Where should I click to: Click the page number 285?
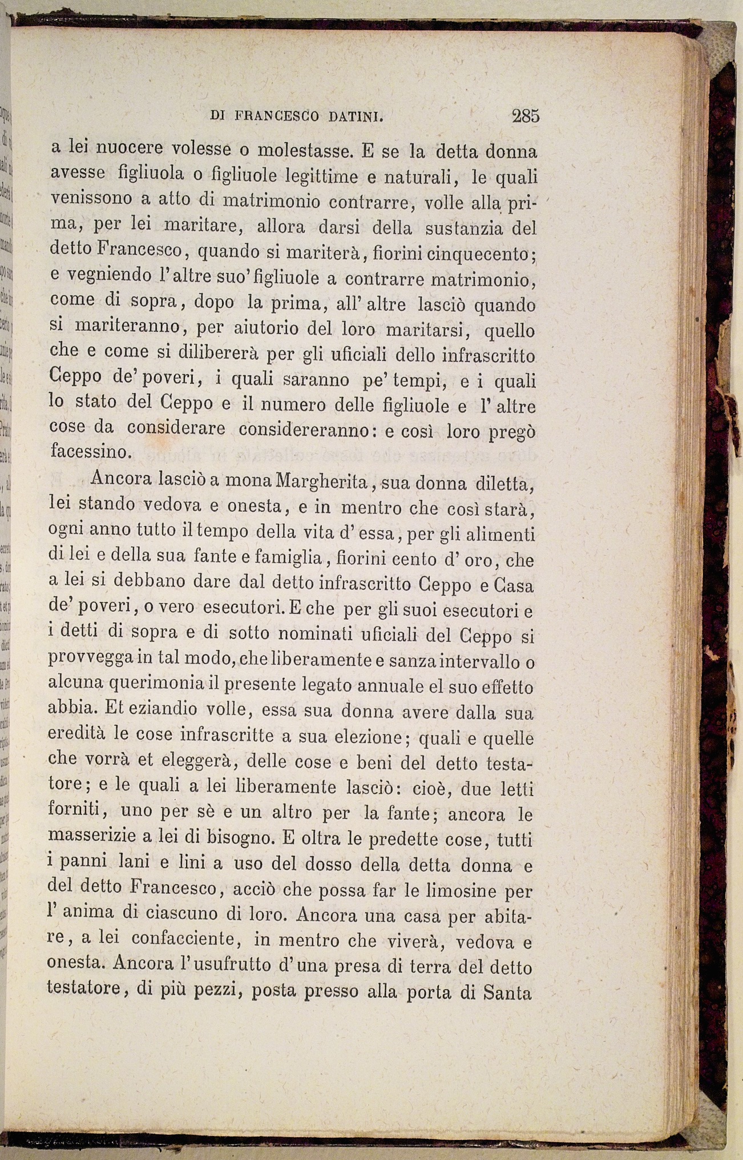(x=525, y=116)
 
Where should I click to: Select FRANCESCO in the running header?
(x=277, y=117)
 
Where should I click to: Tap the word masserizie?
(x=92, y=836)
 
